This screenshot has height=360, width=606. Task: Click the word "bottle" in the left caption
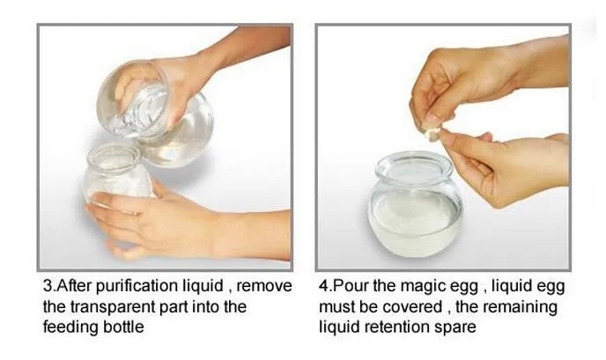coord(123,327)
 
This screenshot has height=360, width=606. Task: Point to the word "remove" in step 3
coord(264,287)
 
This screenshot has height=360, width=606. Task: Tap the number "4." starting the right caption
coord(325,286)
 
